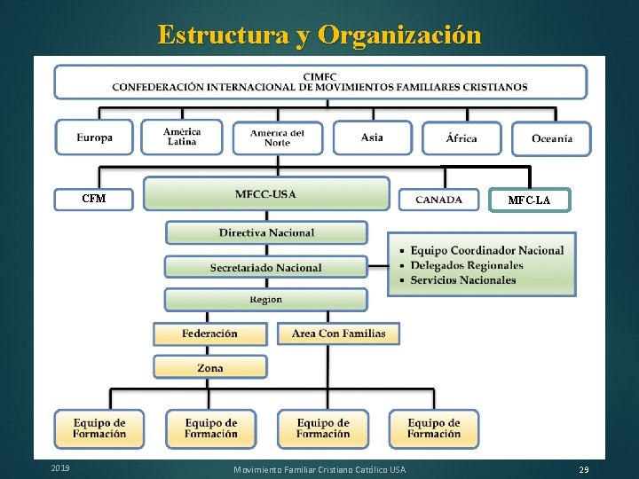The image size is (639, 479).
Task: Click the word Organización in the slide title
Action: (x=399, y=35)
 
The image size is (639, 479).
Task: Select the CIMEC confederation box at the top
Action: (x=319, y=82)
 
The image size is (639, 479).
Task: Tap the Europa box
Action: (x=94, y=137)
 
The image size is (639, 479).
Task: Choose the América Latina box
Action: (x=182, y=137)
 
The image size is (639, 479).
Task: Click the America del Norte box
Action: (x=277, y=137)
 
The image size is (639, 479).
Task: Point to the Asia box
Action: (x=373, y=137)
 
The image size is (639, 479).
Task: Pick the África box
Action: (x=461, y=137)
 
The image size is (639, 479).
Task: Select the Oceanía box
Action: (x=551, y=137)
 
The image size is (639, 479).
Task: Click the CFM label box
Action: (x=94, y=199)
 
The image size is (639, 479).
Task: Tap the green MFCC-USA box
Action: (x=266, y=193)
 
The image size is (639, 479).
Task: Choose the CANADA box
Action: (x=438, y=200)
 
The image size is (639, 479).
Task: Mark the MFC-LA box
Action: (x=529, y=200)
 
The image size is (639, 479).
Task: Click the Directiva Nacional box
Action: (x=266, y=232)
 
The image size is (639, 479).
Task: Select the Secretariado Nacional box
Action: (x=266, y=267)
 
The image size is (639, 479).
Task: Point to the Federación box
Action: (x=209, y=334)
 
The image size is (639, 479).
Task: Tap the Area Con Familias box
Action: (x=339, y=334)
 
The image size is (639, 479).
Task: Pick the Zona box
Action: (x=210, y=367)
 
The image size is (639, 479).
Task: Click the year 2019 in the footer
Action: (x=60, y=467)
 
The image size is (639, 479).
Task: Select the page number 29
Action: (x=583, y=468)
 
